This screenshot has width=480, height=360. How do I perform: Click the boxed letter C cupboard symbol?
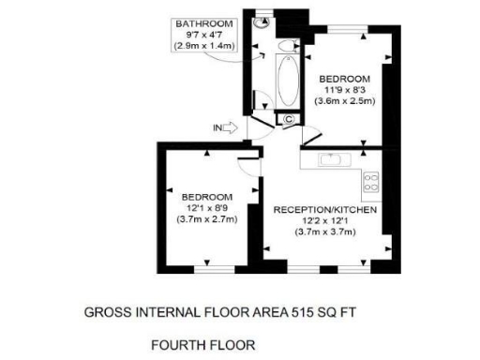(x=288, y=119)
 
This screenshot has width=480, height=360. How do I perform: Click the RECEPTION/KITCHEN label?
(x=325, y=210)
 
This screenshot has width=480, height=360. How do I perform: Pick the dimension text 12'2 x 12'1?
(x=325, y=221)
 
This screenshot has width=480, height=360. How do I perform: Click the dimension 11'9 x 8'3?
(x=344, y=89)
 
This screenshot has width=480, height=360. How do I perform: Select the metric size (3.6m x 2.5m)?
(x=344, y=100)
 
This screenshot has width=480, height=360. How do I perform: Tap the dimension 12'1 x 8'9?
(x=208, y=207)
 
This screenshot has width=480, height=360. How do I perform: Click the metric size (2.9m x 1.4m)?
(x=206, y=44)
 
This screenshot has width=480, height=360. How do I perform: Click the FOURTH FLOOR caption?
(x=202, y=346)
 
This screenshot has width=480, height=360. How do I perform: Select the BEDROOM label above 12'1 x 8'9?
(x=208, y=196)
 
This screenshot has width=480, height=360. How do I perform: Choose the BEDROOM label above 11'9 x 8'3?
(x=344, y=78)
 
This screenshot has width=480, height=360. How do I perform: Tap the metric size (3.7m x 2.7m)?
(x=208, y=218)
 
